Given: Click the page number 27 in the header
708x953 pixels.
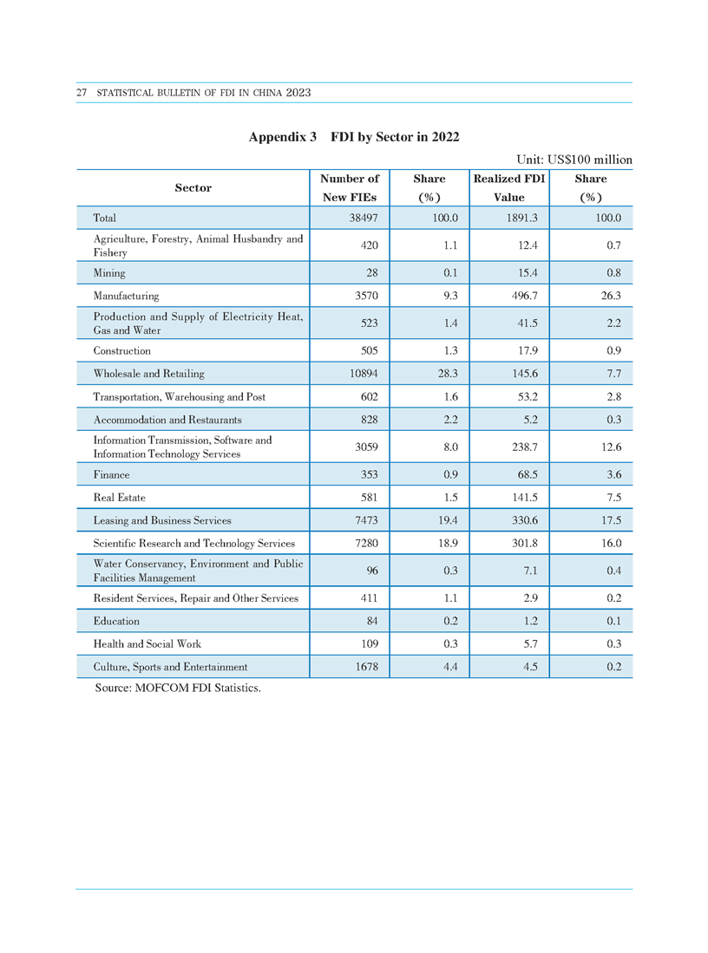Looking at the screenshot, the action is pyautogui.click(x=82, y=93).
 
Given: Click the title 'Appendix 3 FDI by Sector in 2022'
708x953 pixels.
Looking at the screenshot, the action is pyautogui.click(x=354, y=137).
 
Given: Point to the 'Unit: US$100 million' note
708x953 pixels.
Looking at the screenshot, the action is pyautogui.click(x=574, y=160).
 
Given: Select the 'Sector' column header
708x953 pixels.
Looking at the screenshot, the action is pyautogui.click(x=193, y=188).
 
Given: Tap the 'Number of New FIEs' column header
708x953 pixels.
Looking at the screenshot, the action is pyautogui.click(x=350, y=188).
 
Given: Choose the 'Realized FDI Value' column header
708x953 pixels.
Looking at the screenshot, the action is pyautogui.click(x=509, y=188).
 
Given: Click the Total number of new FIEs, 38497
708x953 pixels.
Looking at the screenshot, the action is pyautogui.click(x=364, y=218).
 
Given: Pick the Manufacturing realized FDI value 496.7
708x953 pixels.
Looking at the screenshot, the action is pyautogui.click(x=524, y=296).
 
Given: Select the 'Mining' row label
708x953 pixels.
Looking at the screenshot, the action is pyautogui.click(x=109, y=273).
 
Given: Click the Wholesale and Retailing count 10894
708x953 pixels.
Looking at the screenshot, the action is pyautogui.click(x=364, y=373).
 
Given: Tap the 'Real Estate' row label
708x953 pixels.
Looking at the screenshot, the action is pyautogui.click(x=119, y=497).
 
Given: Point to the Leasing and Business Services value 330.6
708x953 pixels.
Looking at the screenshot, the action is pyautogui.click(x=524, y=520).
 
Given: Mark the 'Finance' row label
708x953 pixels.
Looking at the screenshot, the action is pyautogui.click(x=111, y=474).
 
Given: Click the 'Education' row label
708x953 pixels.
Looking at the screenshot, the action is pyautogui.click(x=116, y=621).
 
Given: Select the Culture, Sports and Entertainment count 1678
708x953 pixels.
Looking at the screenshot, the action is pyautogui.click(x=367, y=667).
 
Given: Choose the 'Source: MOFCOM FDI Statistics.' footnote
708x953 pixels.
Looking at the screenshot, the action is pyautogui.click(x=178, y=688).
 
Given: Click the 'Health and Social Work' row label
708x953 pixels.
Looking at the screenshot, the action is pyautogui.click(x=147, y=643).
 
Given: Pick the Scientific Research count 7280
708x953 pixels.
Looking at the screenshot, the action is pyautogui.click(x=367, y=544).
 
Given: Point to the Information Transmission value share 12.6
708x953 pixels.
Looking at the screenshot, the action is pyautogui.click(x=612, y=447).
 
